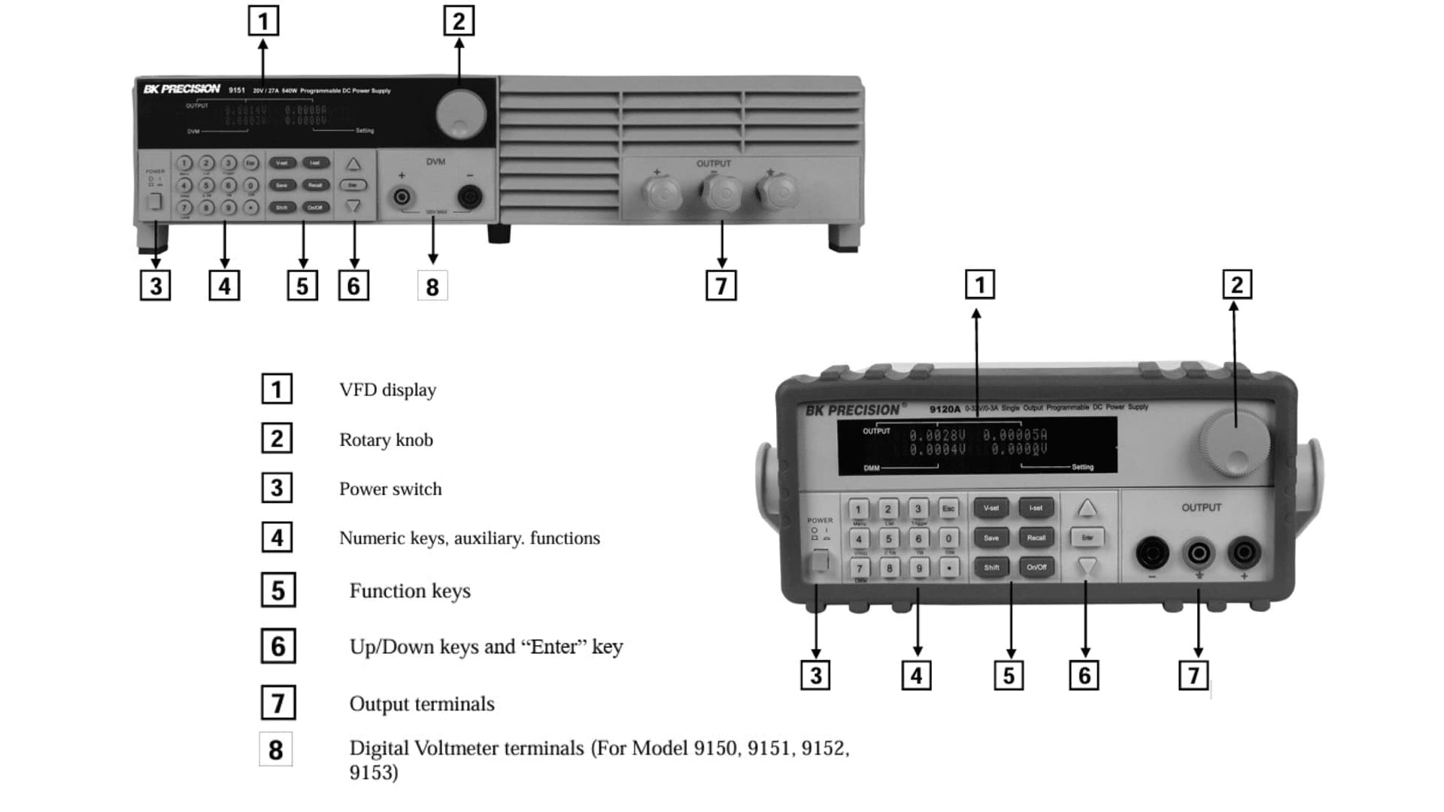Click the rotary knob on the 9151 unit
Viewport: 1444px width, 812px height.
click(x=460, y=115)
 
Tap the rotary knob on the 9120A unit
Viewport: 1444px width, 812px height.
click(x=1234, y=444)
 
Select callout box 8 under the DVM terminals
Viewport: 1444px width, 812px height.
click(x=432, y=286)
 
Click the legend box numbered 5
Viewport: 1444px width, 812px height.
click(x=278, y=590)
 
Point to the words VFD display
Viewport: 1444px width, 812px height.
click(x=387, y=389)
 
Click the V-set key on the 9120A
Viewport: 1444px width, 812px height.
click(x=991, y=508)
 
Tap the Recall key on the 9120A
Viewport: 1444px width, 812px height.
click(x=1036, y=538)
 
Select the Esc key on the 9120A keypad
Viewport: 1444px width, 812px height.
click(x=948, y=509)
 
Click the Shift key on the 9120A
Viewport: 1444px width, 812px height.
click(x=991, y=568)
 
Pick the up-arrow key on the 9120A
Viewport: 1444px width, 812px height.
click(x=1087, y=509)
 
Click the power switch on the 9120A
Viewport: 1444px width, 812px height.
click(x=820, y=561)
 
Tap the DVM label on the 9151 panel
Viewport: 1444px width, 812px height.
click(x=435, y=162)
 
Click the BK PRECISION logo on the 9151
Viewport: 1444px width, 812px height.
click(x=182, y=89)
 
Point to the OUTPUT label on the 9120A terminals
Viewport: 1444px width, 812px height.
click(x=1201, y=507)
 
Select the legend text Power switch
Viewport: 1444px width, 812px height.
click(x=390, y=489)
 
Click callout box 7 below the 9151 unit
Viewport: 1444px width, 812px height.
click(x=720, y=286)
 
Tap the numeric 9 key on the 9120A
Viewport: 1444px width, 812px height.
click(x=918, y=568)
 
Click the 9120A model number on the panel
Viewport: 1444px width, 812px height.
click(x=945, y=409)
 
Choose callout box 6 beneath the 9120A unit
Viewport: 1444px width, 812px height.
click(x=1084, y=675)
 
